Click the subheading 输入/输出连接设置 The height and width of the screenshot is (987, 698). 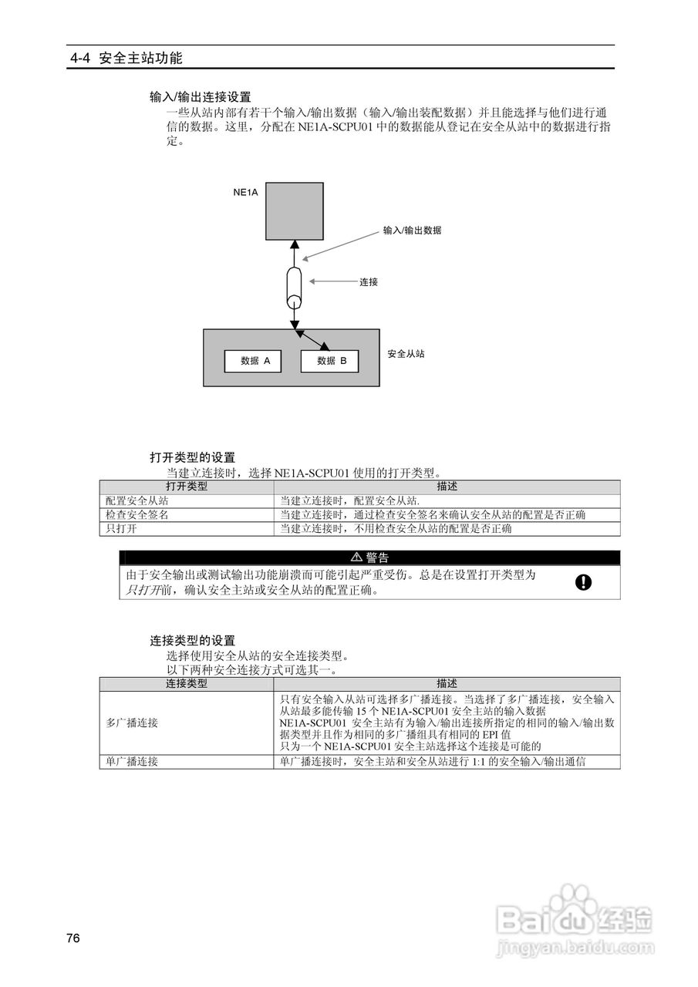click(x=201, y=97)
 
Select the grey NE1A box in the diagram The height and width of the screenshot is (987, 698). click(x=293, y=210)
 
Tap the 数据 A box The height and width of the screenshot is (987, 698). click(x=253, y=361)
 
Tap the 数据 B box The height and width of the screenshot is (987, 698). click(x=329, y=361)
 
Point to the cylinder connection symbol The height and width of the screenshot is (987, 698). click(x=294, y=287)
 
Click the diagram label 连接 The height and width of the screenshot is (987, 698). click(x=369, y=282)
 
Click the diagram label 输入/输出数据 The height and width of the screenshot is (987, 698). click(x=412, y=231)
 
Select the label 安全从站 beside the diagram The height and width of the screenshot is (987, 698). click(x=406, y=354)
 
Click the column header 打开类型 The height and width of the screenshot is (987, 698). click(x=187, y=487)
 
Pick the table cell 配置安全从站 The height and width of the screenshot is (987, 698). click(x=137, y=500)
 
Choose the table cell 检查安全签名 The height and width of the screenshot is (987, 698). click(x=137, y=514)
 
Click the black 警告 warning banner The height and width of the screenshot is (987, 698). click(x=369, y=558)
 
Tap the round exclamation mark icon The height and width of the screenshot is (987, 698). click(x=584, y=582)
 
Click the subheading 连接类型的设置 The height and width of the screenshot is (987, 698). click(x=192, y=641)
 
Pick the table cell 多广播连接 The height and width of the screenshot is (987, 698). click(x=132, y=723)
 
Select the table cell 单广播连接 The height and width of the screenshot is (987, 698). click(x=132, y=761)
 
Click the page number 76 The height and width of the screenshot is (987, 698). click(x=73, y=938)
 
